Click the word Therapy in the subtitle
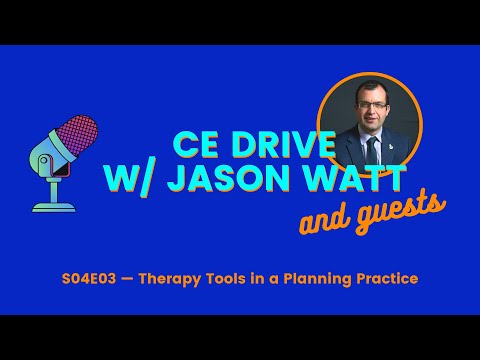click(x=194, y=276)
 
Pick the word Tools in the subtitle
click(x=249, y=276)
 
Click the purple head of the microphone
click(x=81, y=139)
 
